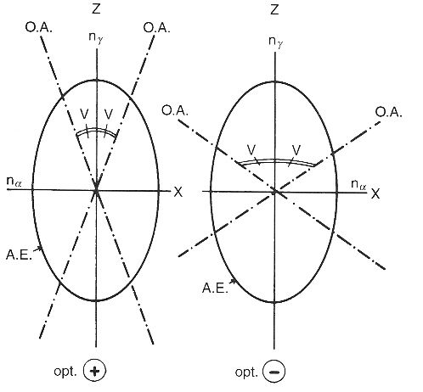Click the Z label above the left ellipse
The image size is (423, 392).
96,8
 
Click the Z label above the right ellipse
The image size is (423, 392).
274,9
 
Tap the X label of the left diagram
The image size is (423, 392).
178,193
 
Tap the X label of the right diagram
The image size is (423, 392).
375,194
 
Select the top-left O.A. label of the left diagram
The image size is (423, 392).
39,28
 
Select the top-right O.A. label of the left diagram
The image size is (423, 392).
156,28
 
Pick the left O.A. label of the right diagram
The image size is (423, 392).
175,110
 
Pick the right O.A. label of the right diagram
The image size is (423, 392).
389,112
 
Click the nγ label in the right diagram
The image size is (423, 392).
276,42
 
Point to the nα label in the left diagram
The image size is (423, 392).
14,182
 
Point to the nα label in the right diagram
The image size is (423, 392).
358,185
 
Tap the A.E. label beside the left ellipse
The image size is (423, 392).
19,255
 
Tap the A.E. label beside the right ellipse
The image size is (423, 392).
215,288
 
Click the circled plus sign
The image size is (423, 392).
95,371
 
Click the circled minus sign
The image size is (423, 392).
274,372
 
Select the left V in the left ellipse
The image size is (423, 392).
84,115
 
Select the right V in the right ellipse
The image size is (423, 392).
296,149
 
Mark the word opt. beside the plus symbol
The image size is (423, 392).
65,372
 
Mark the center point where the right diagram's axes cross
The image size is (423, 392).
274,192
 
